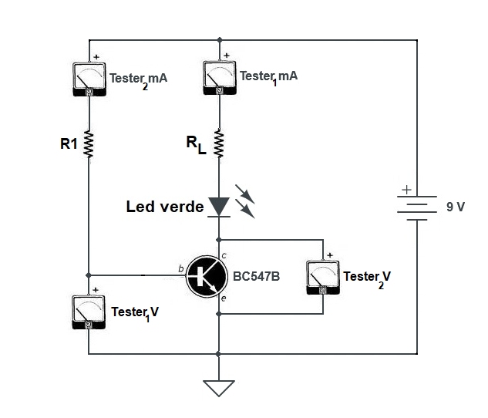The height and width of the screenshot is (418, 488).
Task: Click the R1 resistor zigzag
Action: coord(89,143)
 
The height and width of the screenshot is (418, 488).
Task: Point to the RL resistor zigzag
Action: coord(220,143)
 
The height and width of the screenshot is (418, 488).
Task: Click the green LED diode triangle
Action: coord(220,206)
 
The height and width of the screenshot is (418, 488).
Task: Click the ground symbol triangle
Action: coord(220,386)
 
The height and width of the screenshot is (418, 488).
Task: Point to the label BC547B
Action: coord(255,275)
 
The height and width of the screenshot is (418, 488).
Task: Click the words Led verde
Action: coord(165,207)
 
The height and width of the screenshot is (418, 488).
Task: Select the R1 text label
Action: coord(69,143)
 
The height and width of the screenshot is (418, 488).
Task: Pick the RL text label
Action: coord(194,143)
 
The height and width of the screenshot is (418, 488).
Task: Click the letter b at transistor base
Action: coord(180,268)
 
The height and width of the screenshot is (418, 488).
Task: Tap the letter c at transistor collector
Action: coord(224,255)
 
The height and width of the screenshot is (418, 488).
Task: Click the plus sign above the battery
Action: coord(406,190)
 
